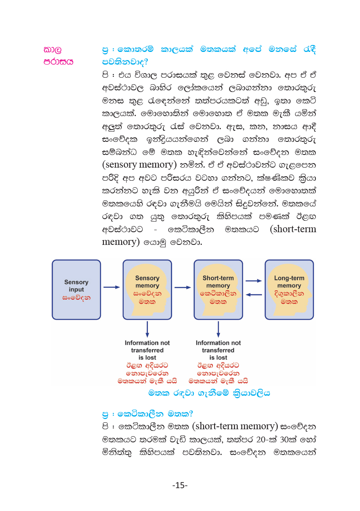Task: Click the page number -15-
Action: pyautogui.click(x=180, y=485)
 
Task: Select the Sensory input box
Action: pyautogui.click(x=76, y=289)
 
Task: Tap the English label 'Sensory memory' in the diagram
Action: pyautogui.click(x=147, y=282)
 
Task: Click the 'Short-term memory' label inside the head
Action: pyautogui.click(x=218, y=282)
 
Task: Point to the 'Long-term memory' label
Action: pyautogui.click(x=289, y=282)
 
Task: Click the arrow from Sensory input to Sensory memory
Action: pyautogui.click(x=112, y=287)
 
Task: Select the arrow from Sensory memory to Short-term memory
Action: pyautogui.click(x=183, y=287)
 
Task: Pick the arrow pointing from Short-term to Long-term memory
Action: pyautogui.click(x=253, y=281)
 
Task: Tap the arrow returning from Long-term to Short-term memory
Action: pyautogui.click(x=253, y=294)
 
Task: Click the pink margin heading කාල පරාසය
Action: pyautogui.click(x=58, y=56)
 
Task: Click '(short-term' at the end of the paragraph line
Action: pyautogui.click(x=293, y=229)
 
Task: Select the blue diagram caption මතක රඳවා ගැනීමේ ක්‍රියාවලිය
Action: pyautogui.click(x=209, y=393)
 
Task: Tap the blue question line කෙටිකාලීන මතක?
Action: pyautogui.click(x=148, y=413)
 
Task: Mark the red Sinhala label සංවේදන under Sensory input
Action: pyautogui.click(x=76, y=298)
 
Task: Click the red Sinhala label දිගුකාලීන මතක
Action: pyautogui.click(x=289, y=298)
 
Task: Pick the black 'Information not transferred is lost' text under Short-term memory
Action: pyautogui.click(x=218, y=350)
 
